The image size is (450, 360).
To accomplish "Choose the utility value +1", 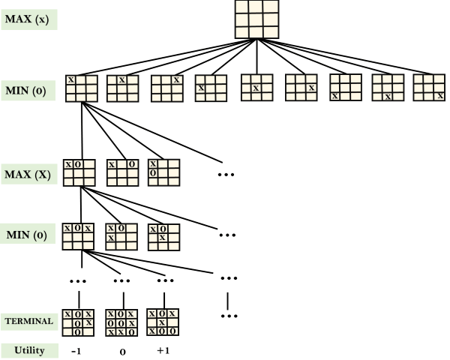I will point(162,350).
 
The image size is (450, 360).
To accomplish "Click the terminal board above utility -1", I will point(78,322).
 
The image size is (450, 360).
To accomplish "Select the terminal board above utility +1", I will point(163,322).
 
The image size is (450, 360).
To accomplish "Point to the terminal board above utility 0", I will point(121,322).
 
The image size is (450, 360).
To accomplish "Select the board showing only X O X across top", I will point(78,235).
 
